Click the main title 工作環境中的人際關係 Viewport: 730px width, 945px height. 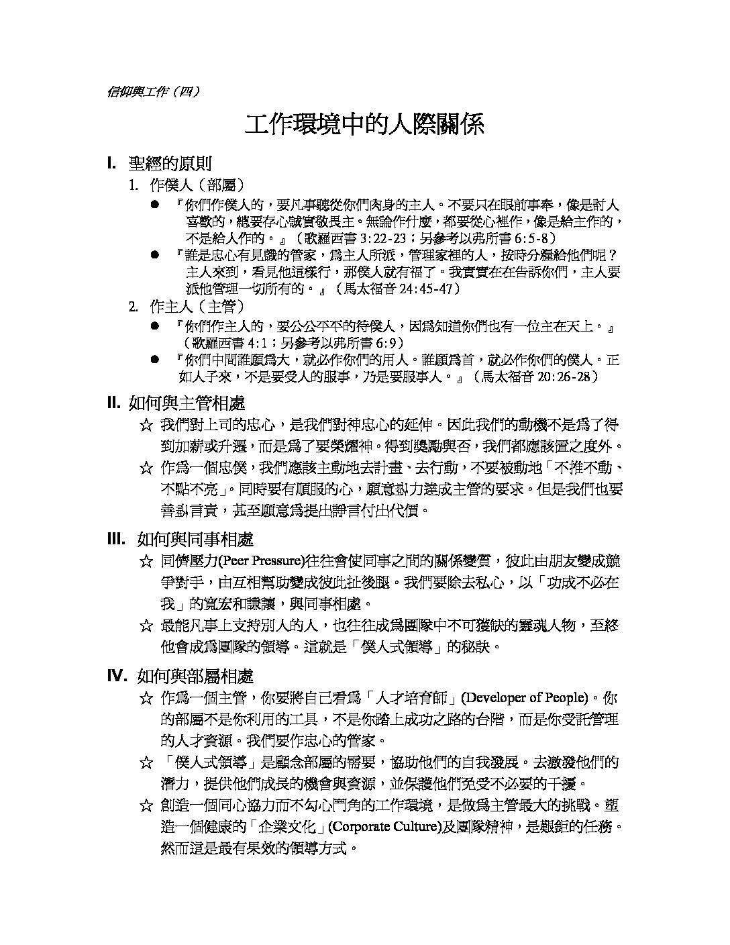364,125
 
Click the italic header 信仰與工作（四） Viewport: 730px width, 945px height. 153,93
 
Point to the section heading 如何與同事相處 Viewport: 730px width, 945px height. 195,540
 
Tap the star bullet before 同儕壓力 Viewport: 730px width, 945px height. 146,562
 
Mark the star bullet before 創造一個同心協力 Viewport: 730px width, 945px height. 146,806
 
